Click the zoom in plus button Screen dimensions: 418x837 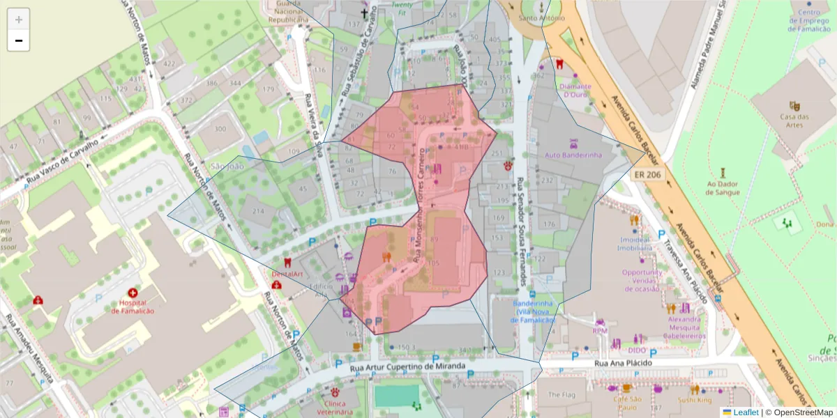point(18,20)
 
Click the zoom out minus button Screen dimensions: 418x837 point(18,41)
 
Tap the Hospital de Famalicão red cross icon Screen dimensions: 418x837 point(133,295)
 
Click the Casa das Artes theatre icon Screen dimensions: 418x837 point(794,105)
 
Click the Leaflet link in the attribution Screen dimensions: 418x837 point(745,412)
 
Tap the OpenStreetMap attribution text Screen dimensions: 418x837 point(802,412)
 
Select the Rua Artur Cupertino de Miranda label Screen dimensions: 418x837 point(398,367)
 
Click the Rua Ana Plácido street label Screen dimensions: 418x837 point(623,363)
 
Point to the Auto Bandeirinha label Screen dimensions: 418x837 point(573,155)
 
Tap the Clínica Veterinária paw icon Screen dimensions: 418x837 point(335,392)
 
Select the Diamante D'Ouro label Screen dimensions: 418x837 point(577,91)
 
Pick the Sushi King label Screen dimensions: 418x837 point(694,401)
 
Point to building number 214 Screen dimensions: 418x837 point(258,211)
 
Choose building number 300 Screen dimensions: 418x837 point(220,129)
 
